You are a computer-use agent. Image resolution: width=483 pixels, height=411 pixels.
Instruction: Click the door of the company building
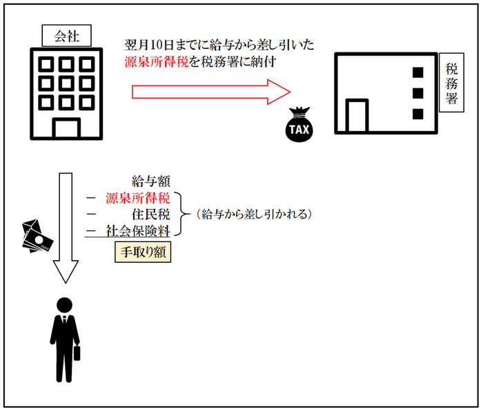pos(66,128)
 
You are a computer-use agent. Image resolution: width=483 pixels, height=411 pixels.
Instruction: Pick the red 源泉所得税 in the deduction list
pos(137,198)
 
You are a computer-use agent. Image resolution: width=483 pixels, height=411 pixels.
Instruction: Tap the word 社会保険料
pos(137,231)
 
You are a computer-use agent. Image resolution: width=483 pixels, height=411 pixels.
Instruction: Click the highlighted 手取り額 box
pos(143,252)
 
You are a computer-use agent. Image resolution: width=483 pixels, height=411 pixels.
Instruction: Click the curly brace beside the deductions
pos(181,214)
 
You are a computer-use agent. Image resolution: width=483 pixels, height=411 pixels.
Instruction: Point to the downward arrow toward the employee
pos(66,228)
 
